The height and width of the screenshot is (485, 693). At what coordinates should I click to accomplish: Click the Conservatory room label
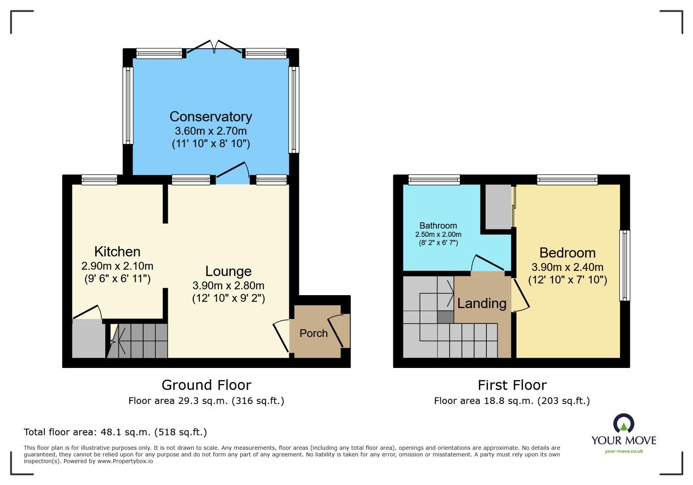click(x=211, y=117)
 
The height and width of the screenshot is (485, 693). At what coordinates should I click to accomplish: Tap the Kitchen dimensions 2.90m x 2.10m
click(x=117, y=266)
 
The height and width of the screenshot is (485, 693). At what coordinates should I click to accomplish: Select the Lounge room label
click(x=228, y=271)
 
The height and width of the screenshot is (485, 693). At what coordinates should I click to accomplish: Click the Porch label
click(x=313, y=333)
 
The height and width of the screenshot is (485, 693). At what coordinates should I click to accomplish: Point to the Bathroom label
click(x=438, y=225)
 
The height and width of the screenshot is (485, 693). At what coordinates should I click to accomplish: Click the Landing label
click(x=482, y=303)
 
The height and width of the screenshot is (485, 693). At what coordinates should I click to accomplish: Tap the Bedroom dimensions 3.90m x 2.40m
click(x=567, y=267)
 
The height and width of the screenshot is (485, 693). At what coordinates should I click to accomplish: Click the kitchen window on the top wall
click(x=99, y=179)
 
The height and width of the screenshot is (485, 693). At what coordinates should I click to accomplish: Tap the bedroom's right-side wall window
click(x=624, y=265)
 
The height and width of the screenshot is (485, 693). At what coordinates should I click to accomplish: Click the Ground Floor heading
click(x=206, y=385)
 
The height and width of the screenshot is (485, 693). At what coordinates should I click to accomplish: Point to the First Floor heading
click(x=512, y=385)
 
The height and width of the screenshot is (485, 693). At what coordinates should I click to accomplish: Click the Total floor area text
click(x=115, y=432)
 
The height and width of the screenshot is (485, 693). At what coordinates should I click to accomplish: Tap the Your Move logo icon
click(x=624, y=423)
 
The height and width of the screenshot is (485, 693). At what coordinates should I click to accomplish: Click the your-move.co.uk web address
click(x=624, y=451)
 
